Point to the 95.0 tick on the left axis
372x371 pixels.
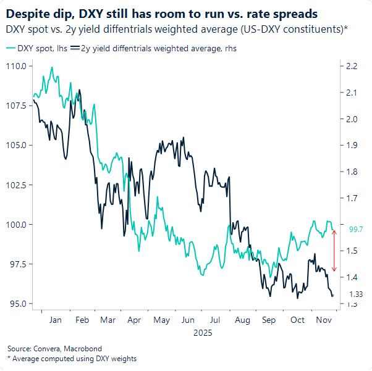pyautogui.click(x=17, y=304)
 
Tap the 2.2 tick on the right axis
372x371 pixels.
pyautogui.click(x=352, y=65)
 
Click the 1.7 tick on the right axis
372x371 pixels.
pyautogui.click(x=352, y=198)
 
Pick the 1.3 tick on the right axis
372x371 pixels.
pyautogui.click(x=352, y=304)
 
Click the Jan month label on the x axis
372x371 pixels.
pyautogui.click(x=54, y=320)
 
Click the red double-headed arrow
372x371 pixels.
pyautogui.click(x=334, y=251)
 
